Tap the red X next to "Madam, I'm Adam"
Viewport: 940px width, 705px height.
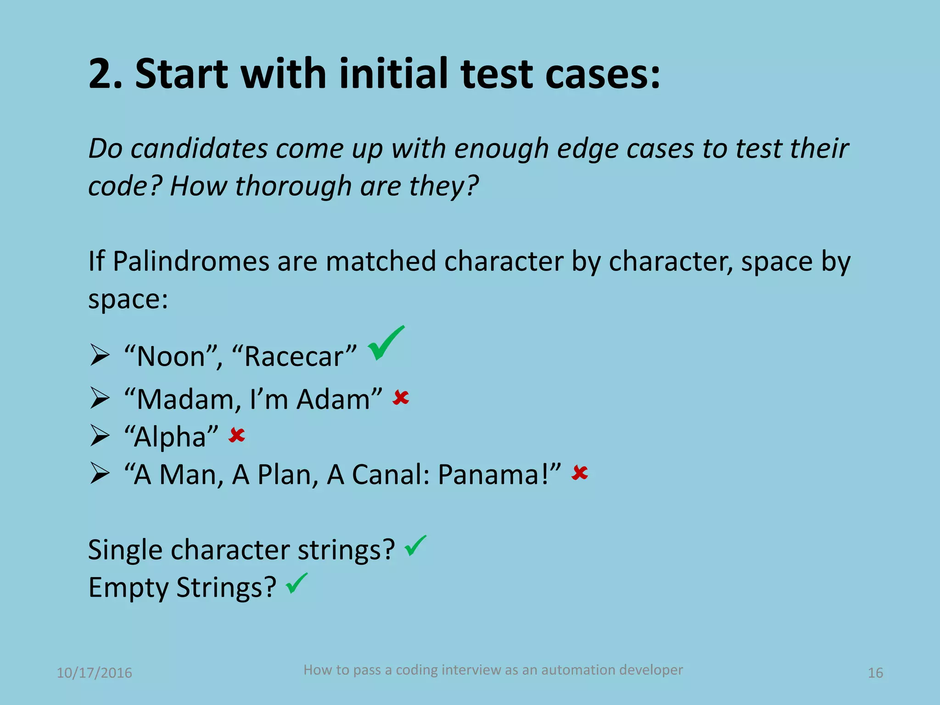click(x=401, y=397)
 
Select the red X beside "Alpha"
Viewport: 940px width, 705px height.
click(x=237, y=435)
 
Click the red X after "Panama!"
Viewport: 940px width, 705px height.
click(x=580, y=473)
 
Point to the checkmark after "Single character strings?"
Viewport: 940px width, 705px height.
click(x=415, y=546)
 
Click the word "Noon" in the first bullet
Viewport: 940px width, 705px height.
click(x=171, y=357)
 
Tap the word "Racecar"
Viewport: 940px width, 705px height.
click(x=294, y=357)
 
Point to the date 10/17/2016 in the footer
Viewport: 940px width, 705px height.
click(x=94, y=673)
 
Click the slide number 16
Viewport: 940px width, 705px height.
click(x=875, y=673)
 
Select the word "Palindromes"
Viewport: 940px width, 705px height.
click(x=191, y=262)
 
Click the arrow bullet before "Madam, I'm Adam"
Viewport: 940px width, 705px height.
click(x=100, y=398)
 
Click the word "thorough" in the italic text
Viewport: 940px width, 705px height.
click(x=293, y=186)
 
